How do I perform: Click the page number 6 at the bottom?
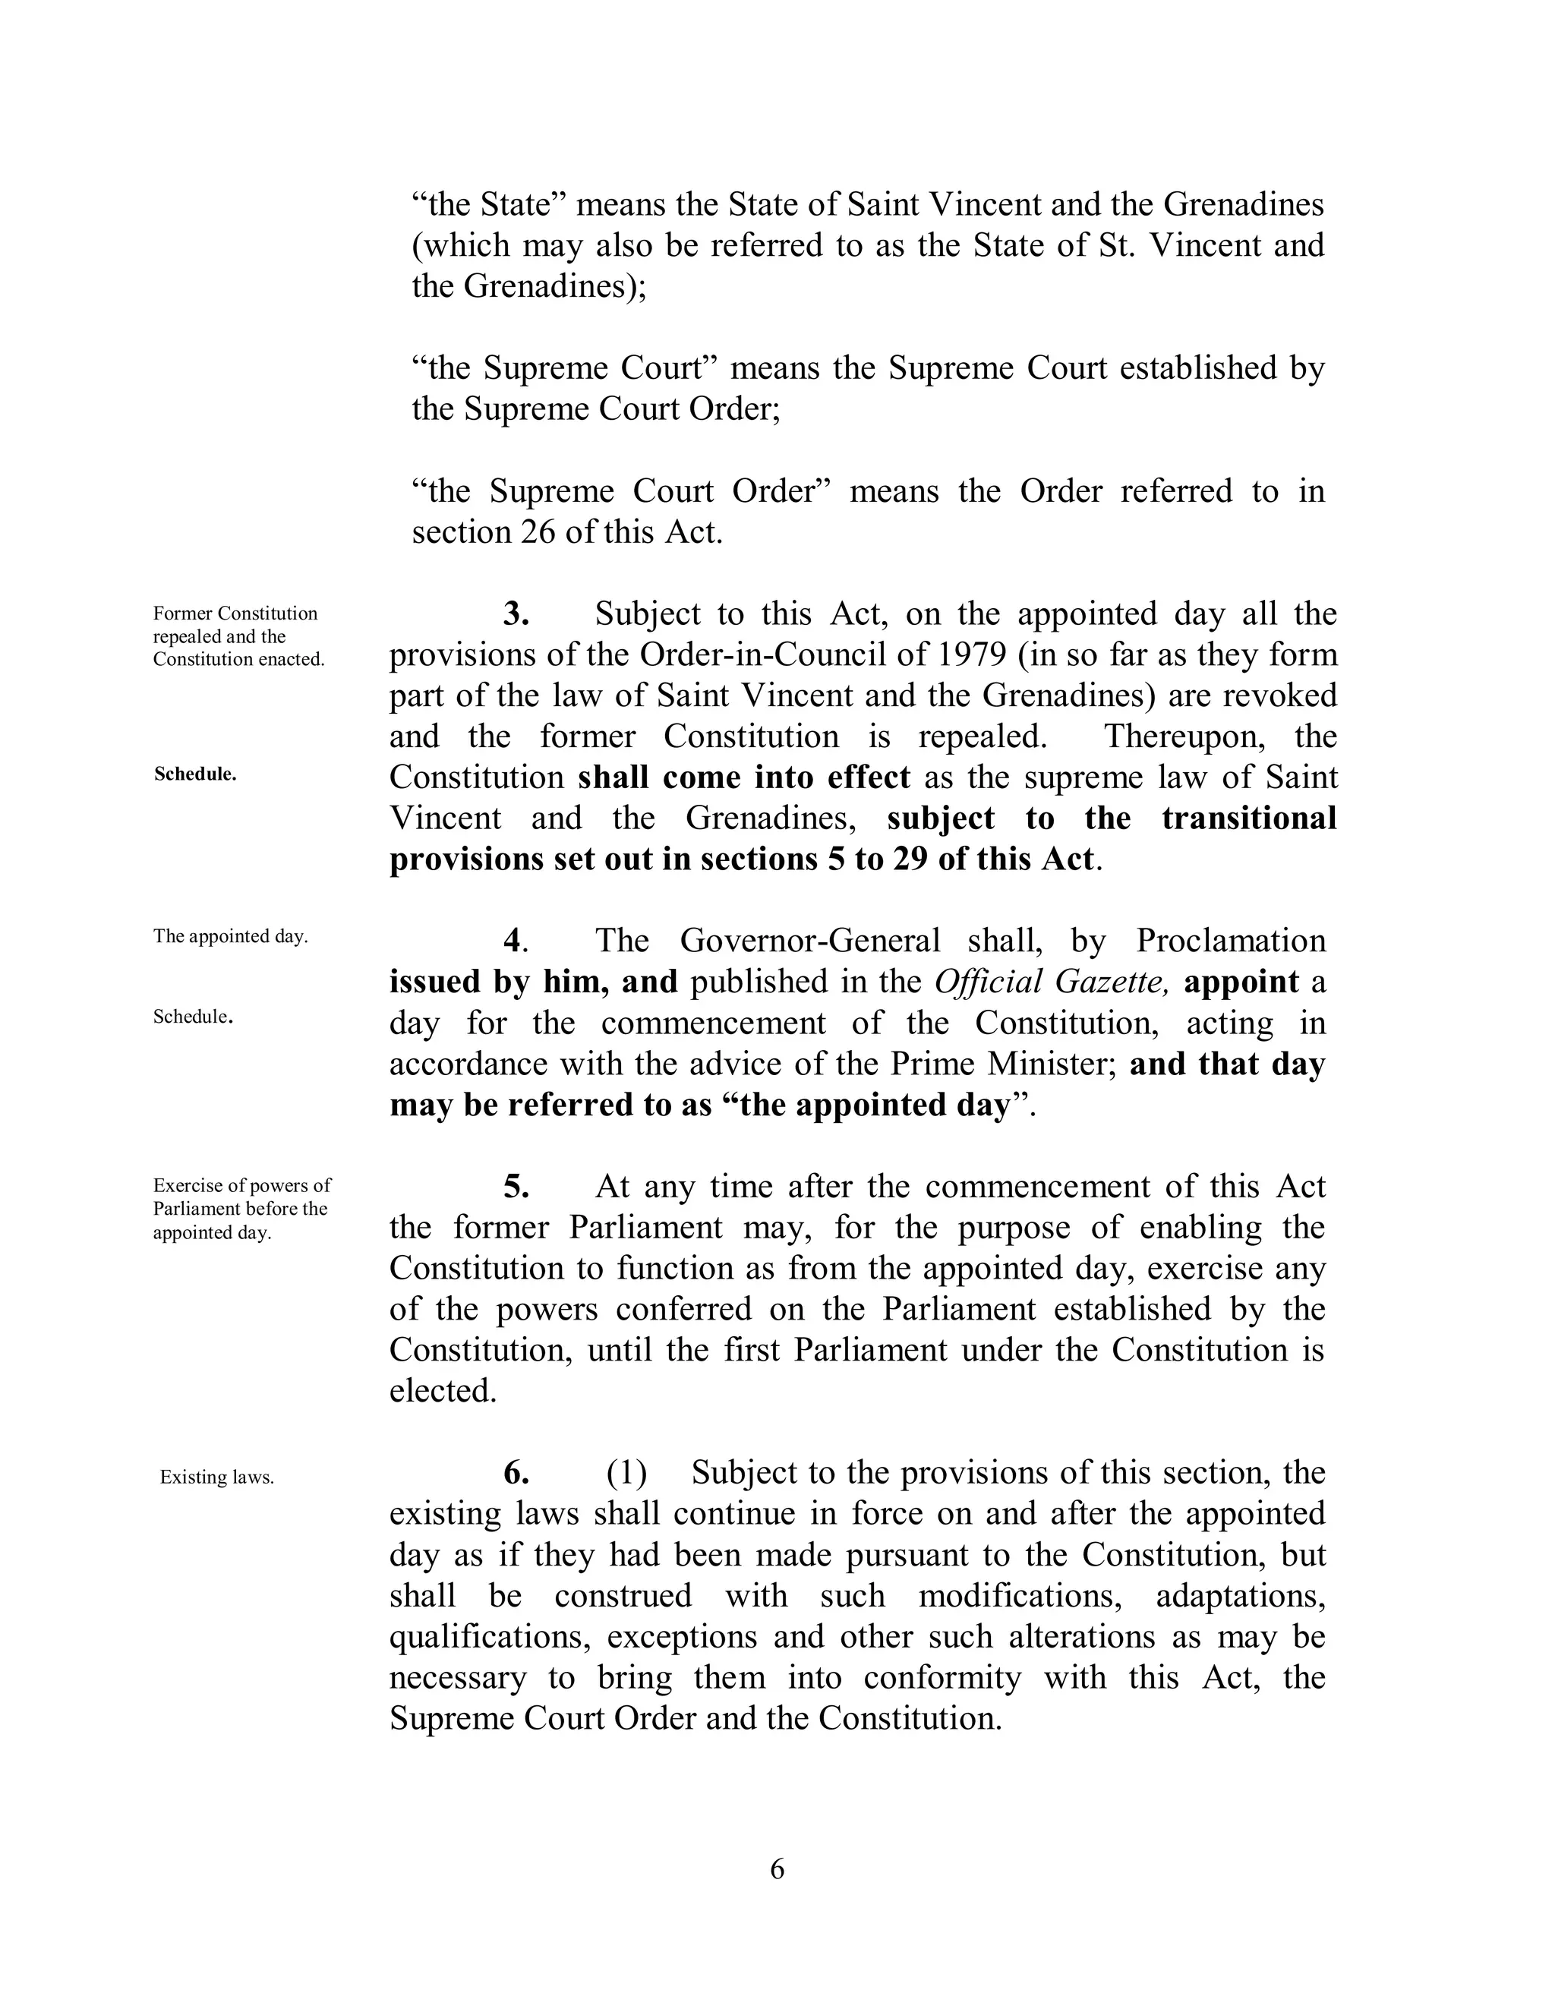(777, 1869)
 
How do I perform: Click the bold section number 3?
(516, 613)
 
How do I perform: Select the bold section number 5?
(516, 1187)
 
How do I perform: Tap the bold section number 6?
(516, 1473)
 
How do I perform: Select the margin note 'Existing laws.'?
(217, 1477)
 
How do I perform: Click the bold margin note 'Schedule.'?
(195, 774)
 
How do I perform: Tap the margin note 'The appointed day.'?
(230, 937)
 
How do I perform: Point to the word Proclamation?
(1230, 941)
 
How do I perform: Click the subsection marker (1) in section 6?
(626, 1473)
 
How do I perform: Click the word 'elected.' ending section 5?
(443, 1391)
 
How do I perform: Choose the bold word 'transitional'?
(1248, 818)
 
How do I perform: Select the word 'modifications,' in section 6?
(1020, 1596)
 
